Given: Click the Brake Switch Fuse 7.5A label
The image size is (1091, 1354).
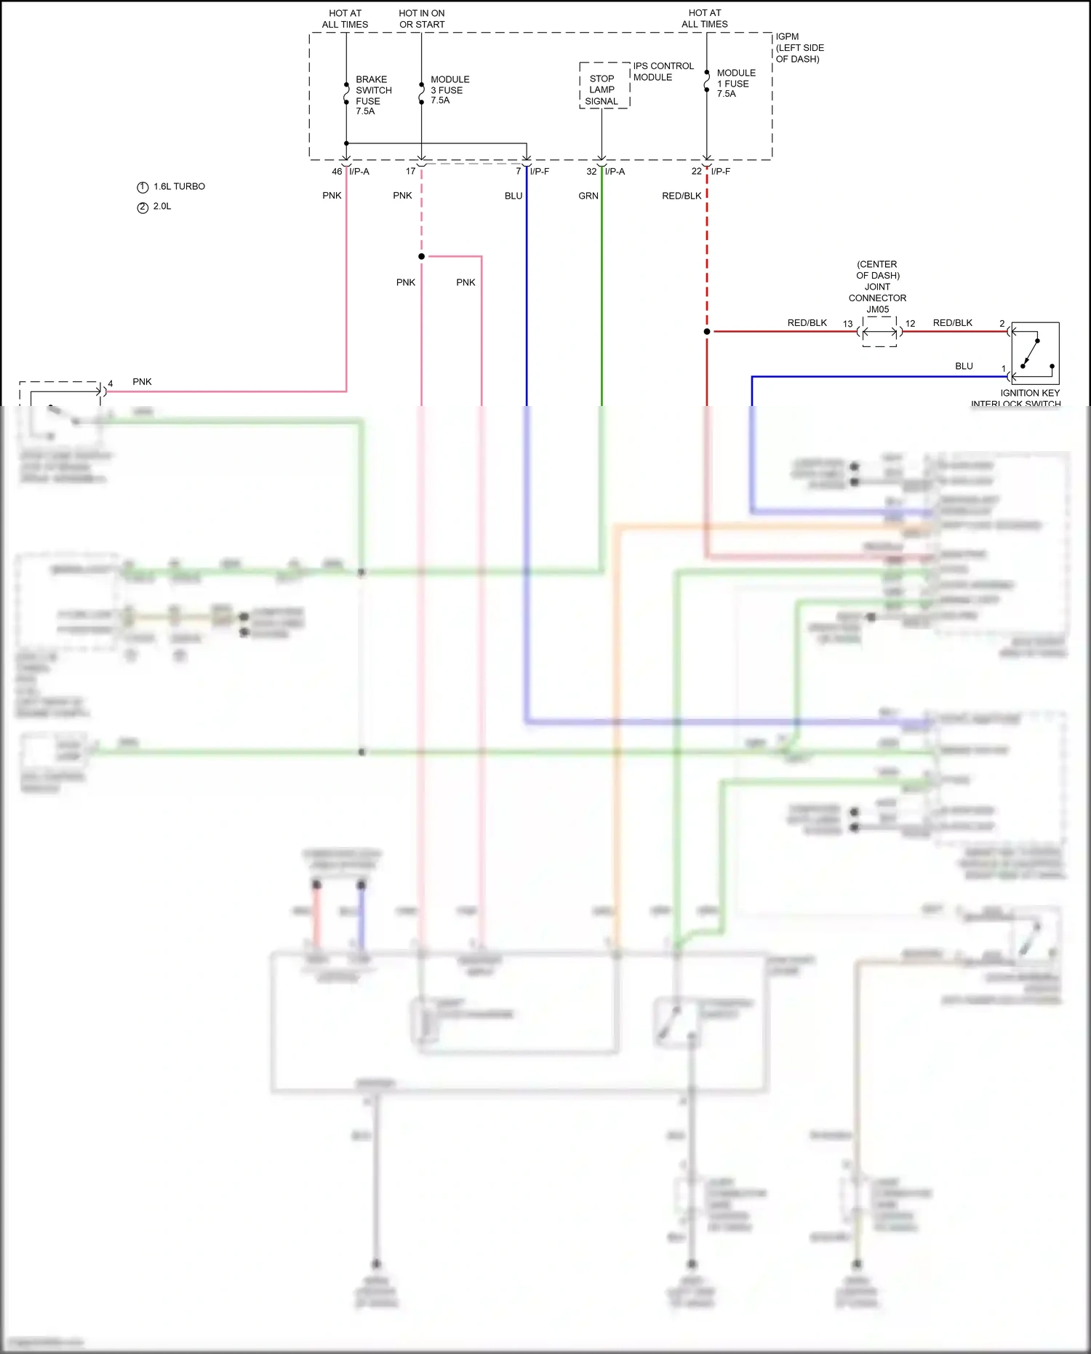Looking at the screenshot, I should point(372,95).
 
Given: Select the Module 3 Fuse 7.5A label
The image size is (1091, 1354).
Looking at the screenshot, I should point(449,89).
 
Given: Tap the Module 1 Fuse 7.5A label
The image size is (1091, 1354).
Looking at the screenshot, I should point(735,83).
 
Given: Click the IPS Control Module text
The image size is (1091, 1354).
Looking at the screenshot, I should point(663,71).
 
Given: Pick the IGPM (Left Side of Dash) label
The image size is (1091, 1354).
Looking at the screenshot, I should point(799,47).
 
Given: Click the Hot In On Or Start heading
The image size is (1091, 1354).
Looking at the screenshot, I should point(422,19).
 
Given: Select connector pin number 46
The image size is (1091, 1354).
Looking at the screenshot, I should point(337,172).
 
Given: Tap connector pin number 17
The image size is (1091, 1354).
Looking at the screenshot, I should point(411,172).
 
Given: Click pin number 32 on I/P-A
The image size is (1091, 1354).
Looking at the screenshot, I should point(591,172).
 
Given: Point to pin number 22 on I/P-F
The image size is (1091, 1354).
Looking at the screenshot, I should point(696,172).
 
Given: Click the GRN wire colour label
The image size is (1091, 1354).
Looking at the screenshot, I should point(588,196).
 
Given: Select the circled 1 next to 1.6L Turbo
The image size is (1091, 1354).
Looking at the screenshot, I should point(143,187).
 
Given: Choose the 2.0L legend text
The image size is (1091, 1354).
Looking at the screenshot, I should point(162,207).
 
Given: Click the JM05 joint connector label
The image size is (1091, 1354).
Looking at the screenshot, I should point(878,309).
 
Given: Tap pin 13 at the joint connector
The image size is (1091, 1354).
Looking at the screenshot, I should point(847,324).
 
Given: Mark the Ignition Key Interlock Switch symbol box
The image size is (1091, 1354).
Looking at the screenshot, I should point(1034,353).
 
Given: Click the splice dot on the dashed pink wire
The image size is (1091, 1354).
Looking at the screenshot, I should point(422,256).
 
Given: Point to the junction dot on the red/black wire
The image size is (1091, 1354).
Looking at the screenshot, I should point(707,332).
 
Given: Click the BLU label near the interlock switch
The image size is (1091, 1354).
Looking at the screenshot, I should point(964,366).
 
